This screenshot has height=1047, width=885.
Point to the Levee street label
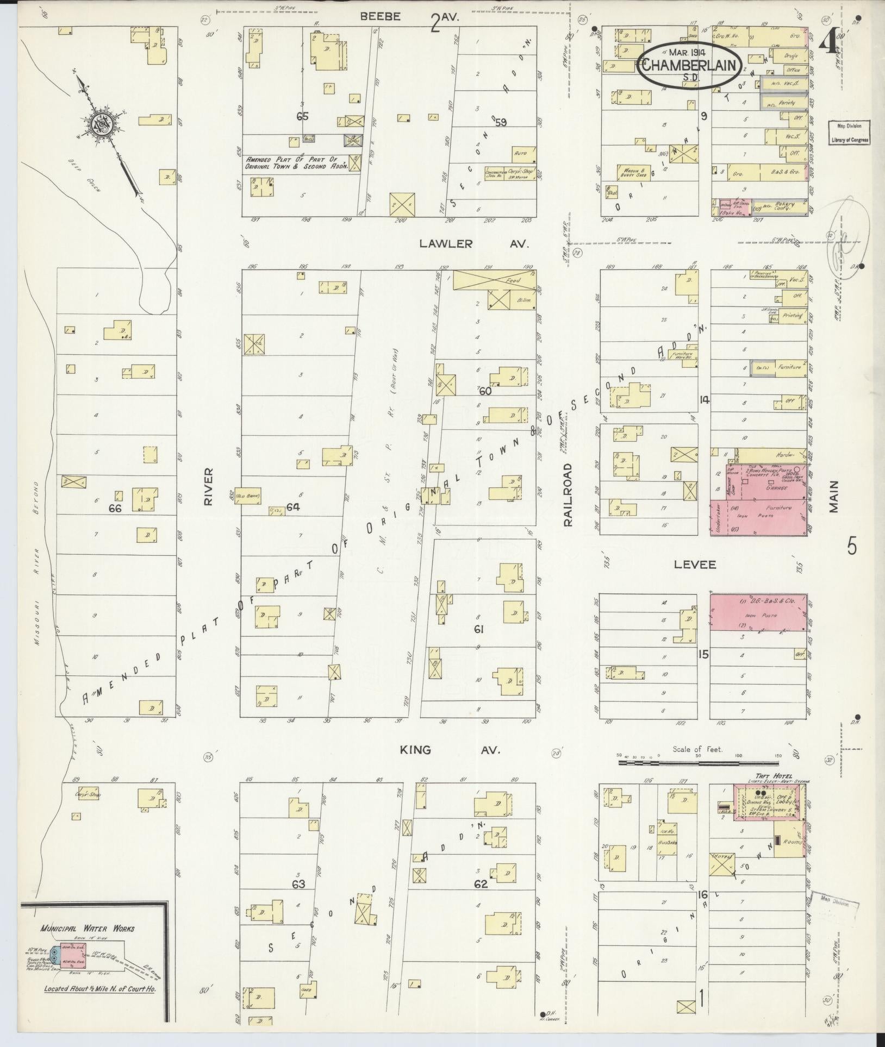pyautogui.click(x=695, y=565)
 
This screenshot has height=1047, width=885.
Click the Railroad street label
pyautogui.click(x=568, y=494)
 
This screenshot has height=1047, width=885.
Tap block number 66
pyautogui.click(x=115, y=508)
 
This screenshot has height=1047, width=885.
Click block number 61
pyautogui.click(x=478, y=629)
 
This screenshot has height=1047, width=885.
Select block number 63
pyautogui.click(x=298, y=884)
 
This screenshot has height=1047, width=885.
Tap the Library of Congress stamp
pyautogui.click(x=849, y=133)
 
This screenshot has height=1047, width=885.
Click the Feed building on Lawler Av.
pyautogui.click(x=493, y=280)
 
